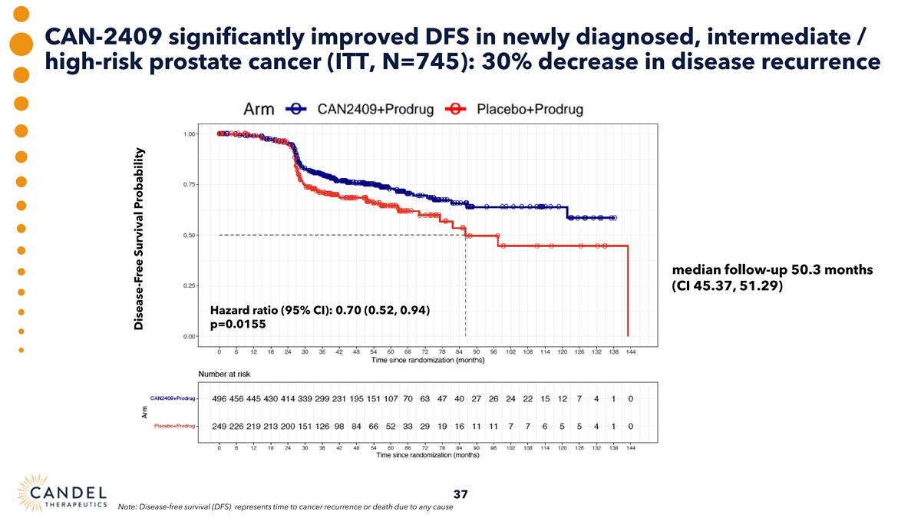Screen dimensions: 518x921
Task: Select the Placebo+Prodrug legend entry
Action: point(516,109)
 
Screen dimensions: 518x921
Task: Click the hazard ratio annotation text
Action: point(319,311)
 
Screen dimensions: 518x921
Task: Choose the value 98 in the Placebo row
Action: point(338,426)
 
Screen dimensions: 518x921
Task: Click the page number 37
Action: point(460,494)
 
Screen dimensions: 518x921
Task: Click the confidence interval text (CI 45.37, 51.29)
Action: point(727,287)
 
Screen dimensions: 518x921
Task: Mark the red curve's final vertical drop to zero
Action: point(629,292)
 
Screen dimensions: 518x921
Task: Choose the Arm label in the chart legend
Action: point(259,109)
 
